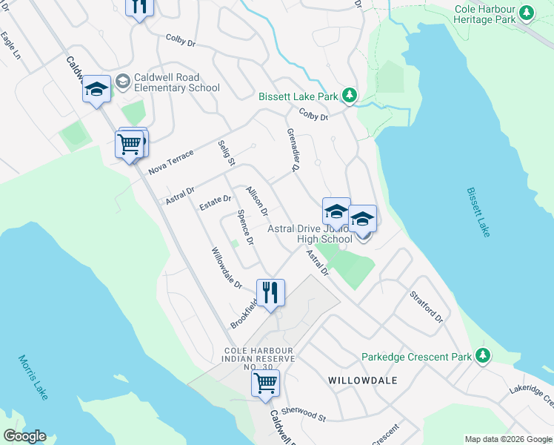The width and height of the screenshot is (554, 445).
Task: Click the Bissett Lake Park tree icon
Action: click(350, 96)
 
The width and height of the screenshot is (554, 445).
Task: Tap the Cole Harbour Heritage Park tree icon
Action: click(527, 13)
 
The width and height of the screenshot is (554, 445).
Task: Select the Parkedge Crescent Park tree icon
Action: click(483, 356)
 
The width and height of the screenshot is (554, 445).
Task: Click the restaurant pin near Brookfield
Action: click(270, 291)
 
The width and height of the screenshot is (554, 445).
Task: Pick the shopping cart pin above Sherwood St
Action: click(265, 384)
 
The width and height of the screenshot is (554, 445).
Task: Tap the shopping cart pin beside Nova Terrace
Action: click(130, 144)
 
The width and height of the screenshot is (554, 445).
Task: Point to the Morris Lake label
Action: click(32, 377)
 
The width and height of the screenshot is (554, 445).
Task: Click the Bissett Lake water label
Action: click(478, 211)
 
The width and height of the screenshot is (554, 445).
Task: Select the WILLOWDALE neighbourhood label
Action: click(362, 380)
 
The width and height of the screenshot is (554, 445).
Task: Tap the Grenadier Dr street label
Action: click(293, 150)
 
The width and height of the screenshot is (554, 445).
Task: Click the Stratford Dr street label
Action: click(426, 306)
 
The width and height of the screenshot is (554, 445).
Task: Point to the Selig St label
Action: click(226, 152)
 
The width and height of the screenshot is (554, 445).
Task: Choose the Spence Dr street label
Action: click(245, 228)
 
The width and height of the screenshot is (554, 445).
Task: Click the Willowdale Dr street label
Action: click(227, 268)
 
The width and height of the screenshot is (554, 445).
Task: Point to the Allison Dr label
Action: click(257, 201)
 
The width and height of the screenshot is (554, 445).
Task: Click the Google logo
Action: click(24, 436)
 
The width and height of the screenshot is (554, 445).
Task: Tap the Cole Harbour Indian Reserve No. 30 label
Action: click(259, 358)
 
